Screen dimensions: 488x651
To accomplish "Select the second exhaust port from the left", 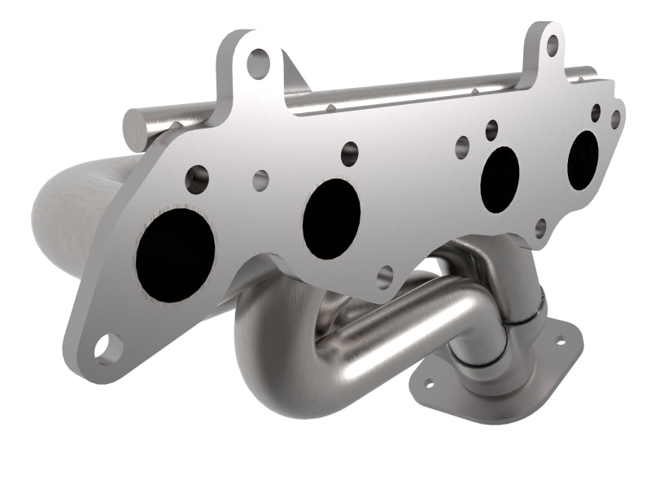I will (x=331, y=219).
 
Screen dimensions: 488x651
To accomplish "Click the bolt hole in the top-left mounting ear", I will (x=259, y=59).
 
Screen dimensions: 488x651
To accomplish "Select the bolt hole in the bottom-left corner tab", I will (x=104, y=348).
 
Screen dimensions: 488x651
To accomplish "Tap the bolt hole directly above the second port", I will (x=350, y=150).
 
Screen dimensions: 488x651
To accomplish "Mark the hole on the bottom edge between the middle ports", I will (x=385, y=276).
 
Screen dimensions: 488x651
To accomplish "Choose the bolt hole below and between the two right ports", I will (x=540, y=227).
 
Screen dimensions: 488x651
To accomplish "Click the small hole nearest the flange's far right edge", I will (x=615, y=119).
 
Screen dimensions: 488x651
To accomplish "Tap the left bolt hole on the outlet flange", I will (x=427, y=381).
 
